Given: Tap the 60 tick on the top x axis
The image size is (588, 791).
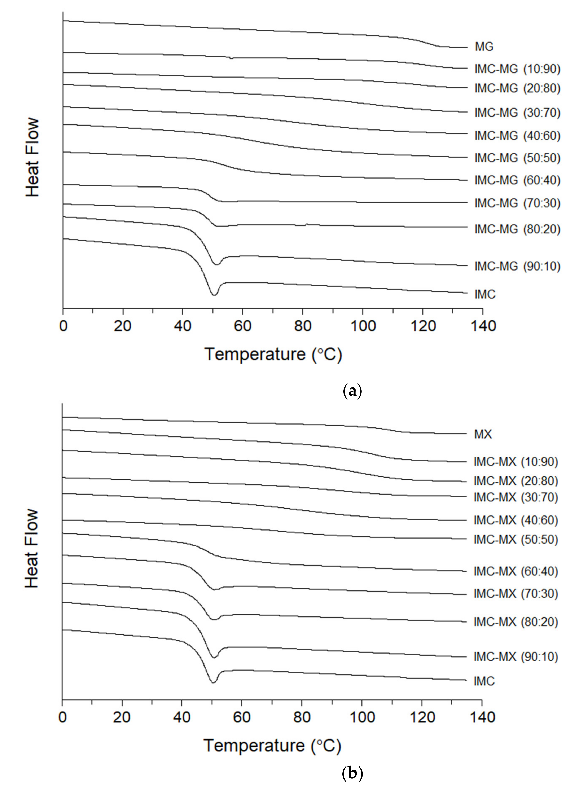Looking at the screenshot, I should (x=242, y=326).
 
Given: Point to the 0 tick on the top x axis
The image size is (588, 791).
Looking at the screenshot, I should (x=63, y=326).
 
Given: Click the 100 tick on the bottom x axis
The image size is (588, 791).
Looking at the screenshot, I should (x=362, y=717).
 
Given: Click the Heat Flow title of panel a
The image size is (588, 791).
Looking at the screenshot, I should (x=32, y=157).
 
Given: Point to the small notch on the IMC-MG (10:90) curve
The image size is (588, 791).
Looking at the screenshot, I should (x=231, y=58).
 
